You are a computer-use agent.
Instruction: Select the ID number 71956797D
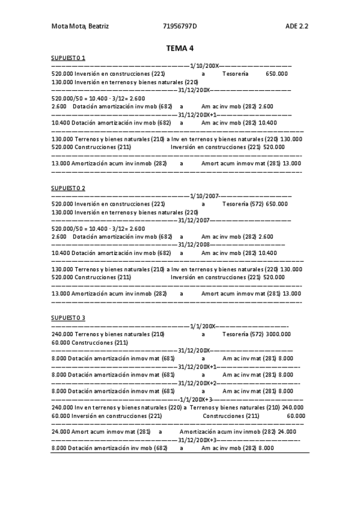pos(180,26)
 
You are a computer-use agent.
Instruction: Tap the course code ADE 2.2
pos(297,26)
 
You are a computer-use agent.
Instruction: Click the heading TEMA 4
pos(180,48)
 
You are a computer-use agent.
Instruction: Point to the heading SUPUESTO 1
pos(68,58)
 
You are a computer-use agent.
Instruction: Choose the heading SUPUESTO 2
pos(68,188)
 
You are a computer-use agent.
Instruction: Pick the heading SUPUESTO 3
pos(68,318)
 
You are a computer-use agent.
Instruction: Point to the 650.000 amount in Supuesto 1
pos(276,73)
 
